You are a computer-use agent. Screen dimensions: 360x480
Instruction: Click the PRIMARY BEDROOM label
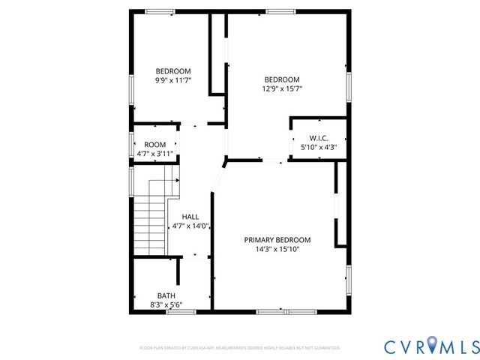[277, 240]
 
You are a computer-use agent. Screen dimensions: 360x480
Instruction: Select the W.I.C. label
[319, 138]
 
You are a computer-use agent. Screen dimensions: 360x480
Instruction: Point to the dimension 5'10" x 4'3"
[319, 147]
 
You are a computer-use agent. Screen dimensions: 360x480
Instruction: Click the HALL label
[190, 216]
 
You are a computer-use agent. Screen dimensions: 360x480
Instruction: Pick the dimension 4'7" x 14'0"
[190, 225]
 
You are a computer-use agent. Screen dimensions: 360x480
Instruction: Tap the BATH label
[166, 295]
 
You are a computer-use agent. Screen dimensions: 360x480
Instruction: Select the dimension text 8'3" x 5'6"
[166, 304]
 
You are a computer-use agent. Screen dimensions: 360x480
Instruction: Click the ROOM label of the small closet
[155, 145]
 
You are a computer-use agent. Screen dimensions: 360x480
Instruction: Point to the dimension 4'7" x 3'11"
[155, 154]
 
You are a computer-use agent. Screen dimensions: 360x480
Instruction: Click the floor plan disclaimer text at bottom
[240, 348]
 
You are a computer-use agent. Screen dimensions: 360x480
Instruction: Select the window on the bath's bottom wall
[181, 311]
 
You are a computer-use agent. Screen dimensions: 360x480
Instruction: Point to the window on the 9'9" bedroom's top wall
[159, 11]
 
